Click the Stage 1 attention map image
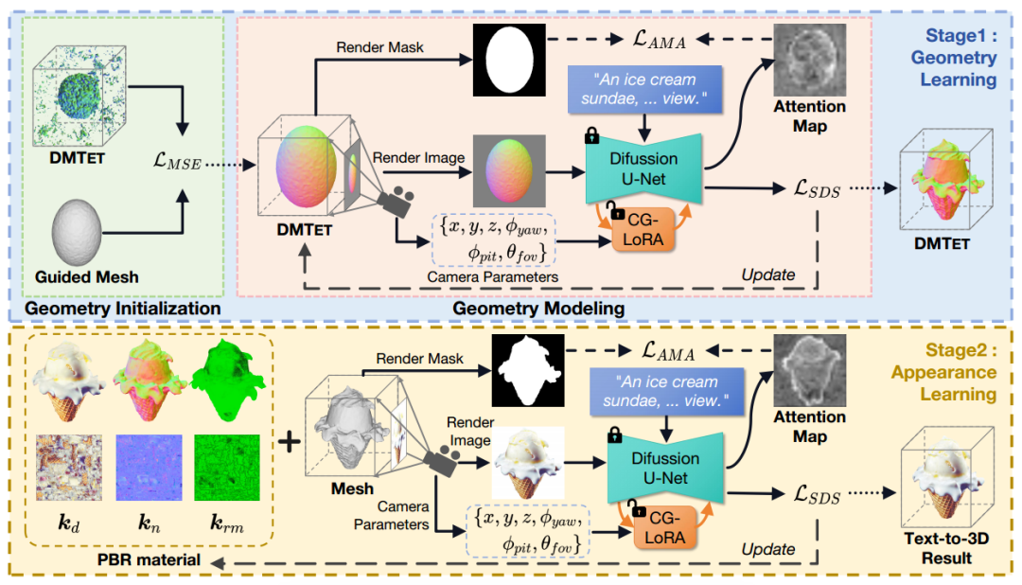click(809, 60)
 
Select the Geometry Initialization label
click(123, 308)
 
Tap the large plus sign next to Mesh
click(289, 442)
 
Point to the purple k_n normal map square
click(149, 467)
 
